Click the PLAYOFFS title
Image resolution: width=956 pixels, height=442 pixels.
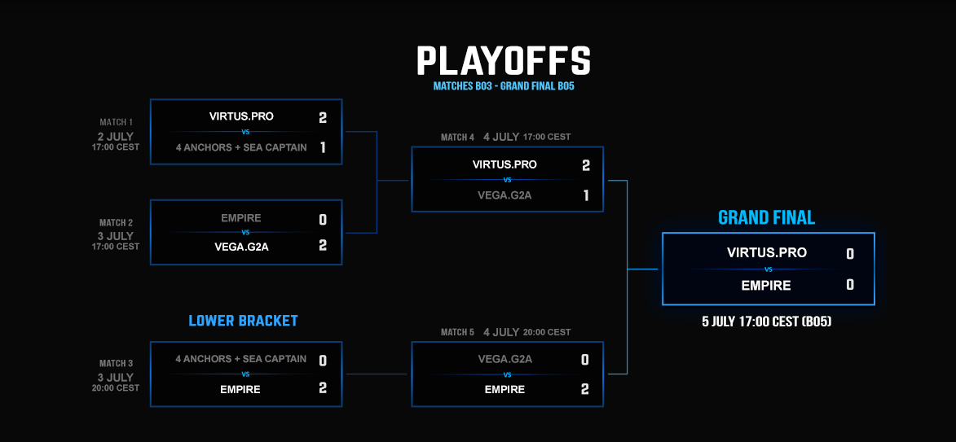pyautogui.click(x=504, y=60)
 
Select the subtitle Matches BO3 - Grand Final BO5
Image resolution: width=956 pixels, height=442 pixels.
pyautogui.click(x=504, y=86)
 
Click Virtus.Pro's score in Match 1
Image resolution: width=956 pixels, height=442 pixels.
pyautogui.click(x=323, y=117)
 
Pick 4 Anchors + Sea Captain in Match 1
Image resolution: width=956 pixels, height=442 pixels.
pyautogui.click(x=240, y=147)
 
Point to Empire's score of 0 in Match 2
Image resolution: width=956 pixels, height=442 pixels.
pyautogui.click(x=323, y=219)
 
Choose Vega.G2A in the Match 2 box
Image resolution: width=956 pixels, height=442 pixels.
pyautogui.click(x=240, y=245)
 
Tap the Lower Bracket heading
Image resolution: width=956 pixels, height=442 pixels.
pyautogui.click(x=243, y=321)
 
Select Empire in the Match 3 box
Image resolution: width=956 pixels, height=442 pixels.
pyautogui.click(x=240, y=389)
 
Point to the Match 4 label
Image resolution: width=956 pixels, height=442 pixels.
pyautogui.click(x=457, y=138)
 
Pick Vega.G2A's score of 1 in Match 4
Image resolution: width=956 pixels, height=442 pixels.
pyautogui.click(x=585, y=195)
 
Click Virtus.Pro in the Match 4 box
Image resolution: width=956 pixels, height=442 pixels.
pyautogui.click(x=504, y=164)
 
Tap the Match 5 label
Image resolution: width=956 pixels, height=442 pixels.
pyautogui.click(x=457, y=332)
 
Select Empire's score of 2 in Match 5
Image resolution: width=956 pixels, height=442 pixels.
pyautogui.click(x=584, y=389)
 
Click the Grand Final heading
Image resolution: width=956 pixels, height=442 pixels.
pyautogui.click(x=767, y=218)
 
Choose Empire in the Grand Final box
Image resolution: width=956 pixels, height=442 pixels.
pyautogui.click(x=766, y=285)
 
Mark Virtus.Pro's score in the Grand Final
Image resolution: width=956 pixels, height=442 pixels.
pyautogui.click(x=850, y=254)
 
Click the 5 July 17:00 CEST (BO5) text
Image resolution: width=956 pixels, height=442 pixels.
pyautogui.click(x=767, y=321)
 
